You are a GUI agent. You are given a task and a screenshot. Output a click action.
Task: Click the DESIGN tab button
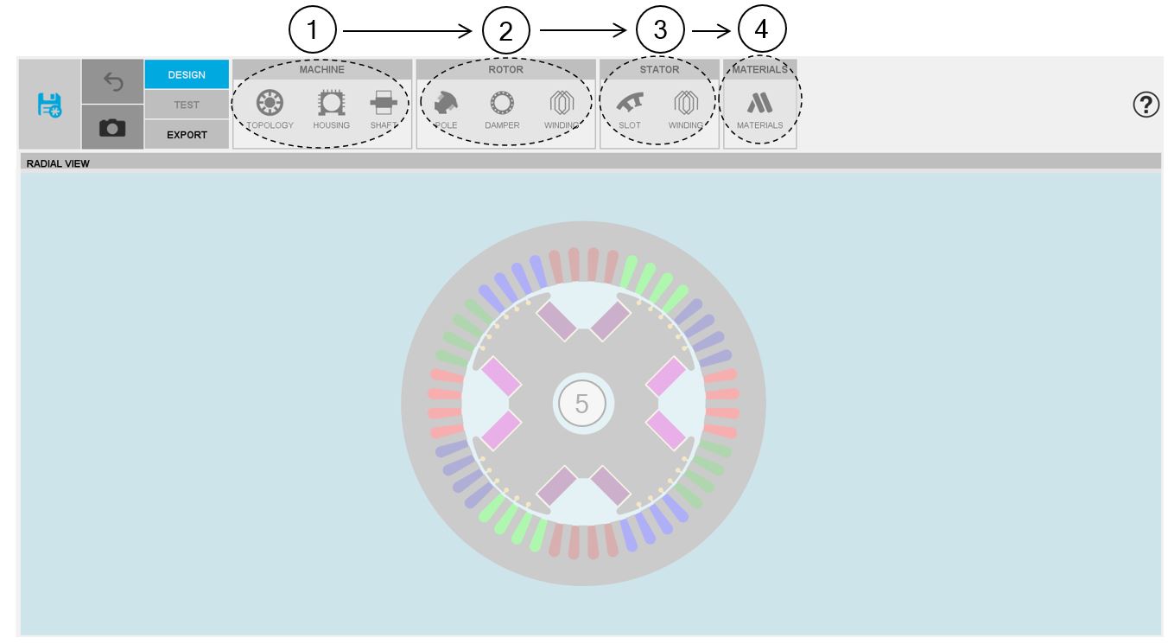pos(187,74)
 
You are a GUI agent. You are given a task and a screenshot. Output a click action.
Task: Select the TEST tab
pos(187,105)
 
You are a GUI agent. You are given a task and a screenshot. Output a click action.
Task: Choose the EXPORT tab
pos(187,135)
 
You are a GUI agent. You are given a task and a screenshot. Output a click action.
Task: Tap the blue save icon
pos(49,105)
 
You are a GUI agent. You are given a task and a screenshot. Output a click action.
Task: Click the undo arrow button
pos(112,81)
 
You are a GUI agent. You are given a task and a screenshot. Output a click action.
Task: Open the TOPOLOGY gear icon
pos(270,102)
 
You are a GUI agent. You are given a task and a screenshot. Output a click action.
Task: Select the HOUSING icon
pos(331,103)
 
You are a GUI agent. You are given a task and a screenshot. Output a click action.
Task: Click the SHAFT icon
pos(384,102)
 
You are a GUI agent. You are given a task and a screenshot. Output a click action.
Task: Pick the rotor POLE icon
pos(446,102)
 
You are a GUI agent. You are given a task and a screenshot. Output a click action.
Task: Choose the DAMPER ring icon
pos(502,103)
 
